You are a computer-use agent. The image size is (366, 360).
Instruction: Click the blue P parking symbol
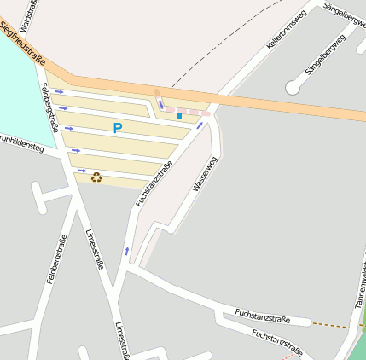click(118, 128)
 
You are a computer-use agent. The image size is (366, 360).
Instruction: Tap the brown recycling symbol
click(96, 177)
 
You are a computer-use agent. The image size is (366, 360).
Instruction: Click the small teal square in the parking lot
click(179, 115)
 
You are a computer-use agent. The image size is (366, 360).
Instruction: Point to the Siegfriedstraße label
click(24, 38)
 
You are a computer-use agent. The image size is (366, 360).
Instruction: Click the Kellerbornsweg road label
click(287, 29)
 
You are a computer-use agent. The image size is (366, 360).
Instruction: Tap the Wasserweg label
click(206, 173)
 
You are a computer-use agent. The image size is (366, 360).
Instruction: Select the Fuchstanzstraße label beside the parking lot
click(154, 183)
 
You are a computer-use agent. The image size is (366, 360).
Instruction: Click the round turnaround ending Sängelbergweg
click(293, 87)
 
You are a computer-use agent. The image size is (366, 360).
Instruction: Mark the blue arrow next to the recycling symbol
click(82, 171)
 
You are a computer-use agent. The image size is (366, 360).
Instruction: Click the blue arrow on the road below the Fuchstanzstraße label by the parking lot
click(127, 250)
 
